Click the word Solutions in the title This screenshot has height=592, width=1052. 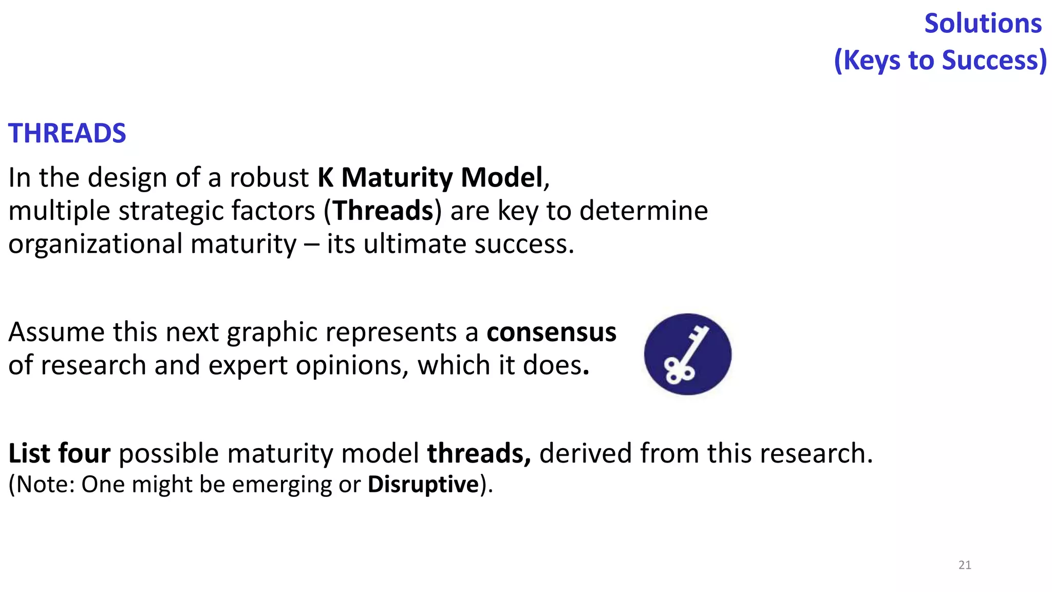point(983,24)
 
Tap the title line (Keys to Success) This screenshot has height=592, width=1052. point(940,60)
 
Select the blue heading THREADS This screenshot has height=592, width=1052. point(67,134)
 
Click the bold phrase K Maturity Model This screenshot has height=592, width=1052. point(430,178)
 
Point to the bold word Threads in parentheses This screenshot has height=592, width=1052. point(383,211)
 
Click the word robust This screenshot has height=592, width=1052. point(269,178)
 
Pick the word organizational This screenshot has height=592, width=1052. point(95,244)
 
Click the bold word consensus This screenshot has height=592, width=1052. point(551,332)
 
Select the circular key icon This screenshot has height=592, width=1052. point(687,354)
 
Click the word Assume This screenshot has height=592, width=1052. point(57,332)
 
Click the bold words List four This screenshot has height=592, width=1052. point(59,453)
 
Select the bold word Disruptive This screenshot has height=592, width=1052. point(423,485)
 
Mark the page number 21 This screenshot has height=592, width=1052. point(965,565)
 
